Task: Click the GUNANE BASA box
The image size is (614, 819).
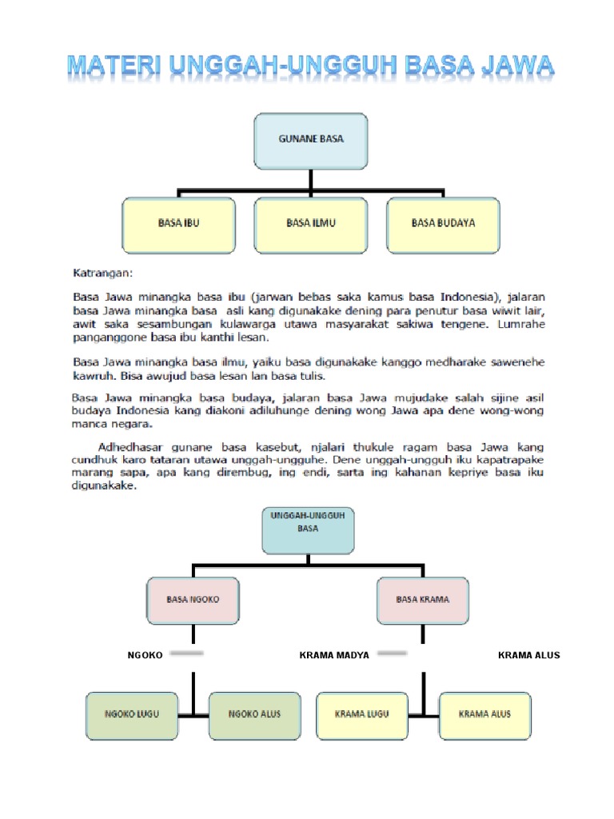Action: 310,139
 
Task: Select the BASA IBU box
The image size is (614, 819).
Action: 178,223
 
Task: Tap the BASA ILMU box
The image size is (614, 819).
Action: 310,223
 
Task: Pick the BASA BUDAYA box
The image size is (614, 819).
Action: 443,223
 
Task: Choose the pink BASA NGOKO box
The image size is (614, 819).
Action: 192,598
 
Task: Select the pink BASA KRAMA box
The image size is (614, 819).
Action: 422,598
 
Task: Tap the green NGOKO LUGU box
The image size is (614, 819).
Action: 132,714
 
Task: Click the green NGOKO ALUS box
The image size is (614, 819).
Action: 254,714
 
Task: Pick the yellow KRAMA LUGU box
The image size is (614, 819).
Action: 361,714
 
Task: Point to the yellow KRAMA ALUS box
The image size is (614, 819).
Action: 484,714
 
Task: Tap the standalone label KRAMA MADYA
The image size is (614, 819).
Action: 334,655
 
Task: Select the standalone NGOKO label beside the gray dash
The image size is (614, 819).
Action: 145,655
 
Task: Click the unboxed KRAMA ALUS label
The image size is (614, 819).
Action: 528,655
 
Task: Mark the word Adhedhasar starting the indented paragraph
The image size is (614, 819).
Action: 132,445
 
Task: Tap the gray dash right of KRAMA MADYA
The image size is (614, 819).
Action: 393,653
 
